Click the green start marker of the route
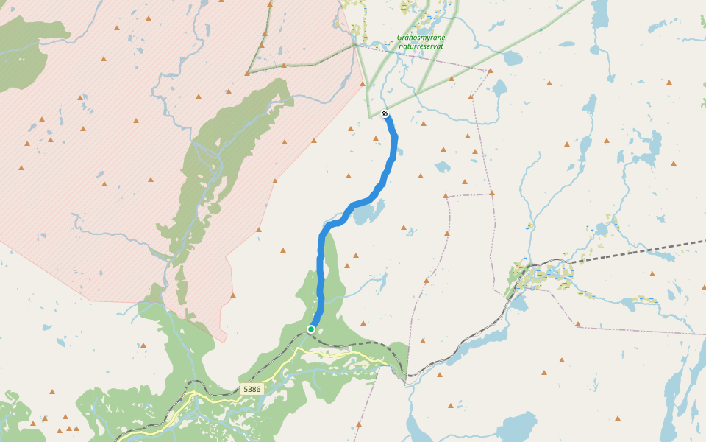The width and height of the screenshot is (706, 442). (x=311, y=329)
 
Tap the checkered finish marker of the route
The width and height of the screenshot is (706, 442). (x=385, y=113)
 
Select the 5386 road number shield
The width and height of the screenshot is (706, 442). (x=251, y=388)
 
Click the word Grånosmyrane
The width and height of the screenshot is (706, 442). (x=421, y=37)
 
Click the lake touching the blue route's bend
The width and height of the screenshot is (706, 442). (x=368, y=213)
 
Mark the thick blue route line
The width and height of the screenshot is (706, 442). (x=321, y=265)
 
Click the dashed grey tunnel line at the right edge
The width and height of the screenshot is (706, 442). (x=662, y=248)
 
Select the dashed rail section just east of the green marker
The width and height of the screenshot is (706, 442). (x=360, y=343)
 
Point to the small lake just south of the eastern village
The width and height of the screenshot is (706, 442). (x=518, y=303)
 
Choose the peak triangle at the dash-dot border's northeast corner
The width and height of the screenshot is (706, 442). (x=491, y=71)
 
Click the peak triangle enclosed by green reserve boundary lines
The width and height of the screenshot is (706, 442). (x=284, y=65)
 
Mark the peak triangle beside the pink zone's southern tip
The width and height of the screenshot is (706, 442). (x=232, y=295)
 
